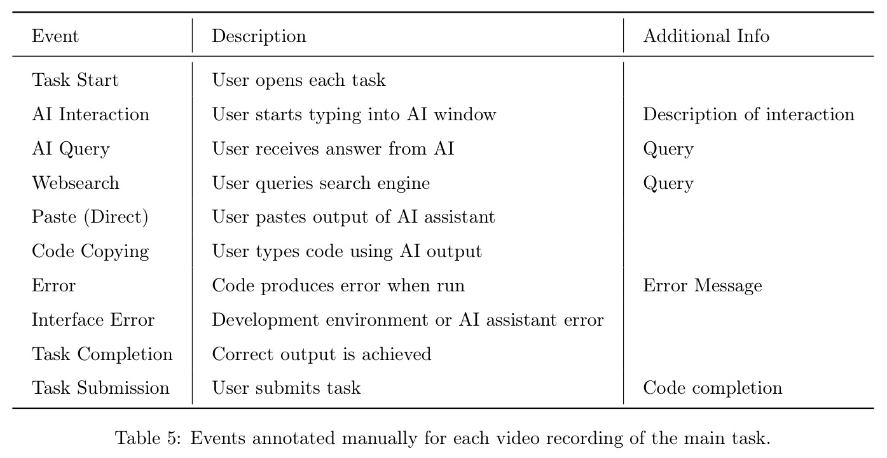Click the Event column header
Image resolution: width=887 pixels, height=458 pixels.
[x=55, y=36]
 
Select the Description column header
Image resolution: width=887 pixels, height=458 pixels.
[x=259, y=36]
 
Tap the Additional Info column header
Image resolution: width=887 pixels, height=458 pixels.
[x=706, y=36]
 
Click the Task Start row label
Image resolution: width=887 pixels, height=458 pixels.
[x=75, y=80]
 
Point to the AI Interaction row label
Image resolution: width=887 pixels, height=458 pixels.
[x=91, y=114]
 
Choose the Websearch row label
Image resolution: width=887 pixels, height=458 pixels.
[x=75, y=183]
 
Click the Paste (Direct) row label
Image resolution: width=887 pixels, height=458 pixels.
[x=90, y=217]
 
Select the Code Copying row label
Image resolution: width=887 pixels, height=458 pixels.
[x=90, y=252]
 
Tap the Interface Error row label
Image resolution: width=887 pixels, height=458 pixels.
[x=93, y=320]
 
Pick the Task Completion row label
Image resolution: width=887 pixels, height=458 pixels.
[x=102, y=354]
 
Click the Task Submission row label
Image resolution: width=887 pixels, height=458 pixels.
[x=100, y=388]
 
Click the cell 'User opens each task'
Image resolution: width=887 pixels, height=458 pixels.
[x=299, y=80]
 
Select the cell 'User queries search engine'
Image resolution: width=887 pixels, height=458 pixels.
[x=321, y=183]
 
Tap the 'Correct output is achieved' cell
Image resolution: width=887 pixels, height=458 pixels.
[x=322, y=354]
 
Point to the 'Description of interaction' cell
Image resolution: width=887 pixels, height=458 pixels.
[x=748, y=114]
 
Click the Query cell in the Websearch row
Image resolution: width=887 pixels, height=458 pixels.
[x=668, y=183]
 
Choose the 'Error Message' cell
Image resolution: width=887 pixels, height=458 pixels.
[x=703, y=286]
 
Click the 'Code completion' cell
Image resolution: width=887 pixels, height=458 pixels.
[x=713, y=388]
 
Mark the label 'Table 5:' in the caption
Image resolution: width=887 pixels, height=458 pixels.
[x=148, y=438]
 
